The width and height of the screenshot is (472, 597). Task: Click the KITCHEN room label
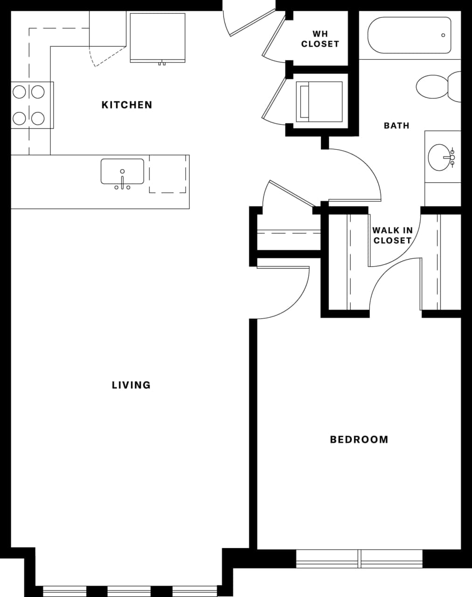127,105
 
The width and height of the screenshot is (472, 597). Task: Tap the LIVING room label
131,385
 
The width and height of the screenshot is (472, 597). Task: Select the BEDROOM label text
359,439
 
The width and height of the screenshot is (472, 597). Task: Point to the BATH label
396,125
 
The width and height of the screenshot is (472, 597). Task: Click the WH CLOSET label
320,39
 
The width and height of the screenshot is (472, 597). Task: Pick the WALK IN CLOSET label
392,236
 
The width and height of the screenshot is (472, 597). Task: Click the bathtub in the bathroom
409,35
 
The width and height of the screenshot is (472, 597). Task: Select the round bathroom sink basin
440,157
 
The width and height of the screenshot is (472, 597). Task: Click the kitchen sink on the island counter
122,172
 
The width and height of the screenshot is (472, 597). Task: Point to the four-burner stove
29,105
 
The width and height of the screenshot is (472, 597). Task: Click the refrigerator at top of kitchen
157,37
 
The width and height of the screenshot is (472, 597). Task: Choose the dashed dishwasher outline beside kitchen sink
168,174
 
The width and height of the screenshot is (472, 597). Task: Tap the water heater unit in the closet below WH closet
319,102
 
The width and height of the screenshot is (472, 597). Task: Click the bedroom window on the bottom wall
359,558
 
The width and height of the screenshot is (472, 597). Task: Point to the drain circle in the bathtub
443,35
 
